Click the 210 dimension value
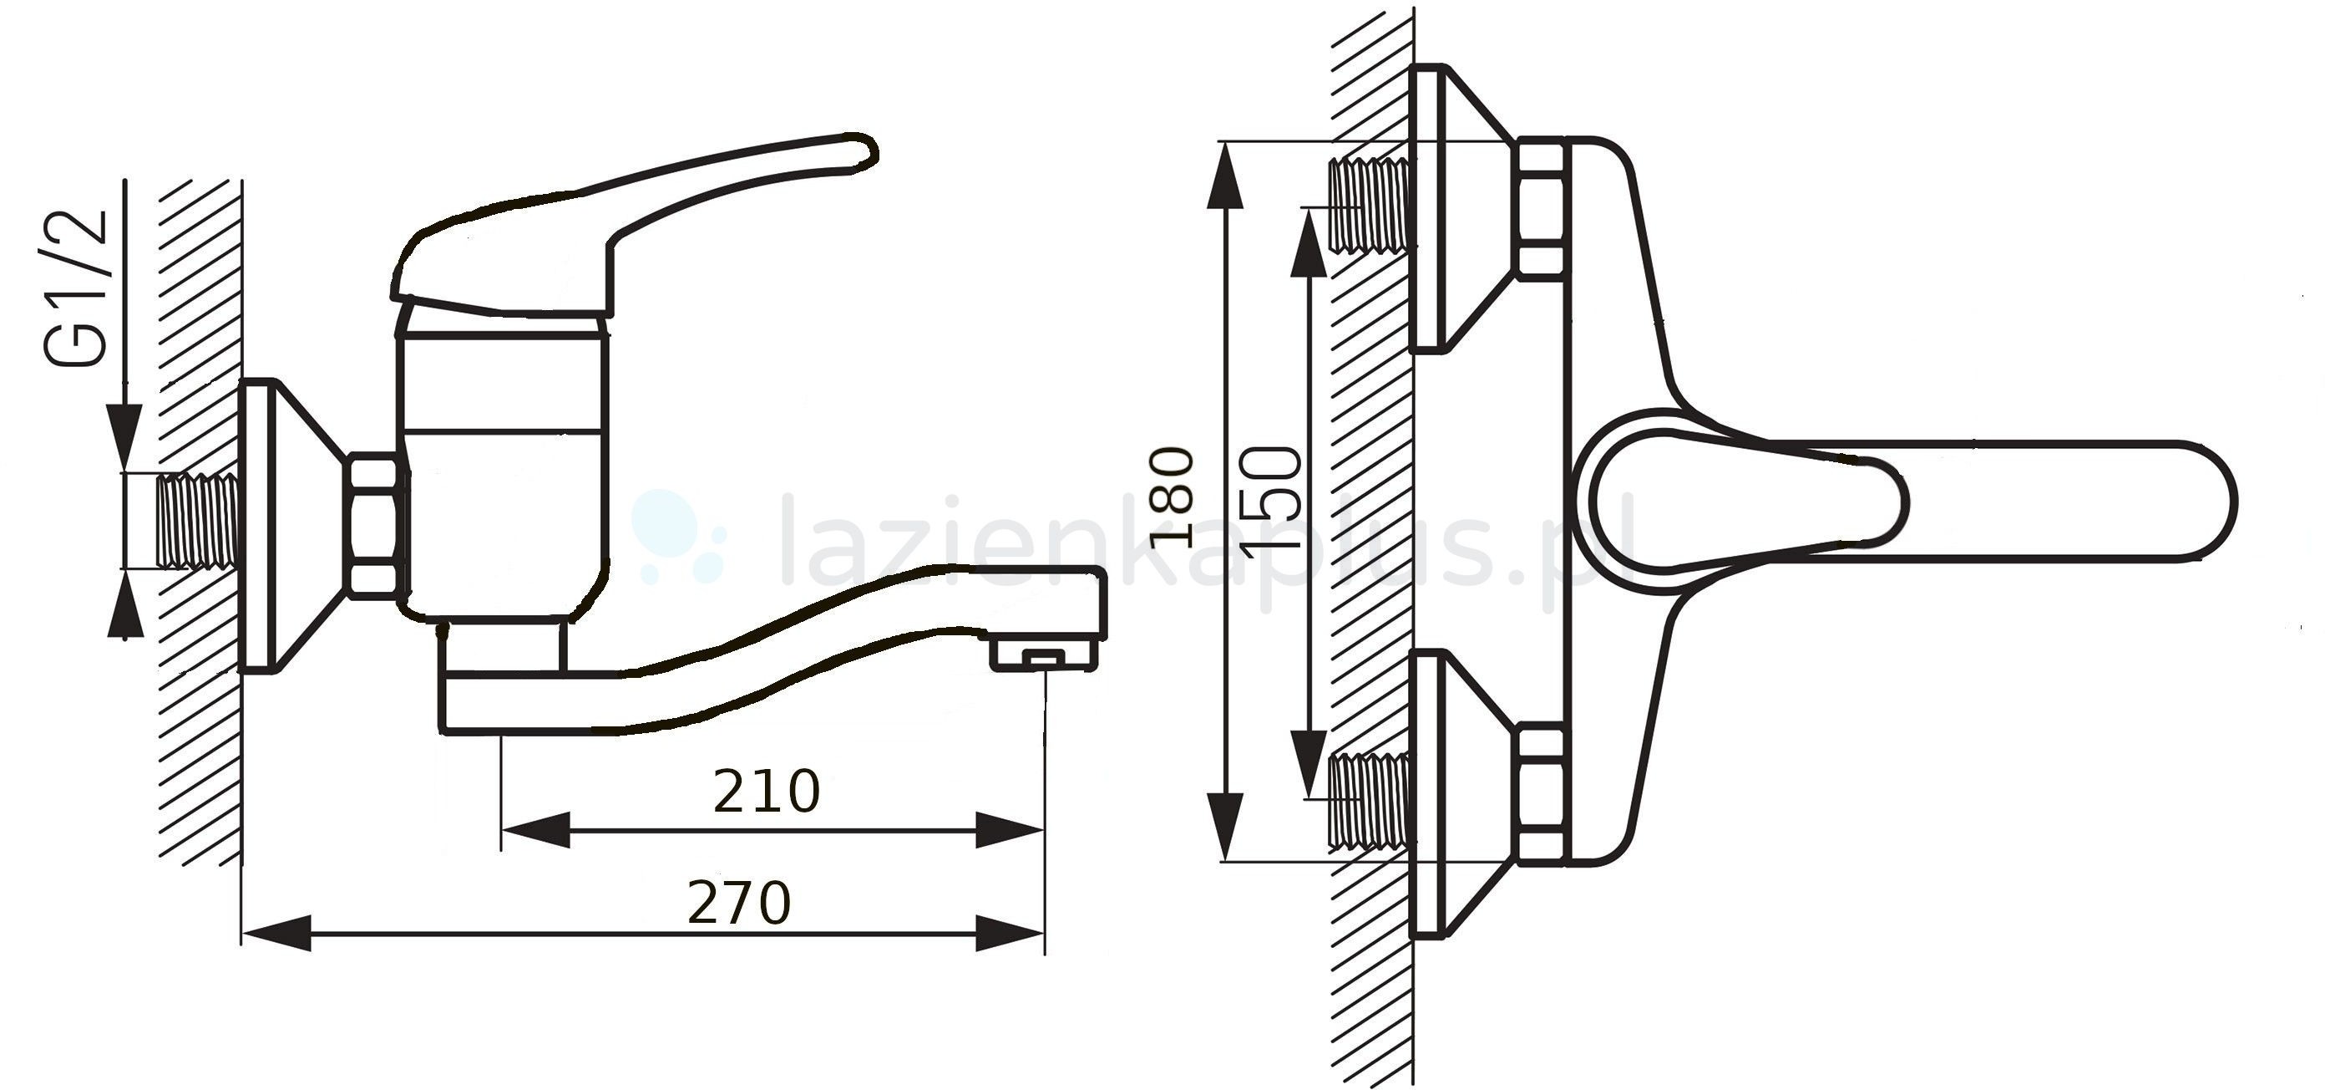pos(767,791)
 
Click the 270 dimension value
pos(739,903)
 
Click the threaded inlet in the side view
pos(197,521)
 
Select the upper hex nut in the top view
pos(1540,207)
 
